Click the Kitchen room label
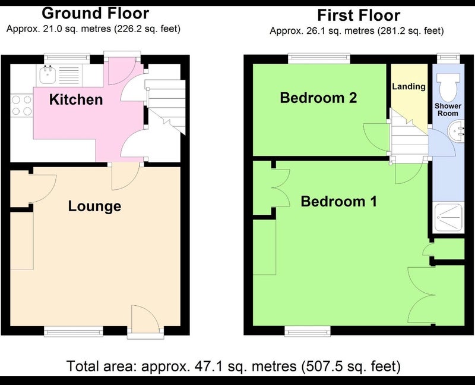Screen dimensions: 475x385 [x=76, y=99]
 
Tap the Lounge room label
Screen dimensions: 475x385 [x=94, y=206]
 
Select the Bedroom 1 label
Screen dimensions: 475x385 [x=339, y=201]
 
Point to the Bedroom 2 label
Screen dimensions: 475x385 [x=318, y=98]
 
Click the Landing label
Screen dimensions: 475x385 [x=408, y=86]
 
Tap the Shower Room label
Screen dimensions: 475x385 [x=448, y=109]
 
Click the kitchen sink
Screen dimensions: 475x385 [x=47, y=75]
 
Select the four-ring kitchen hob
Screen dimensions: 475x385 [x=21, y=105]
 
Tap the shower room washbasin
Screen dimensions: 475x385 [x=456, y=131]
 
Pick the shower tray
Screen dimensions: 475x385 [x=448, y=218]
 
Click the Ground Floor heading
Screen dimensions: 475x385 [x=96, y=13]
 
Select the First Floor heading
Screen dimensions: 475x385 [x=359, y=15]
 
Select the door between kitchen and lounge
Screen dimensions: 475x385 [x=126, y=176]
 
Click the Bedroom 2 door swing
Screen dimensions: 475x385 [x=376, y=137]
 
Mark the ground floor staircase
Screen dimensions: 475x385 [x=166, y=107]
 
